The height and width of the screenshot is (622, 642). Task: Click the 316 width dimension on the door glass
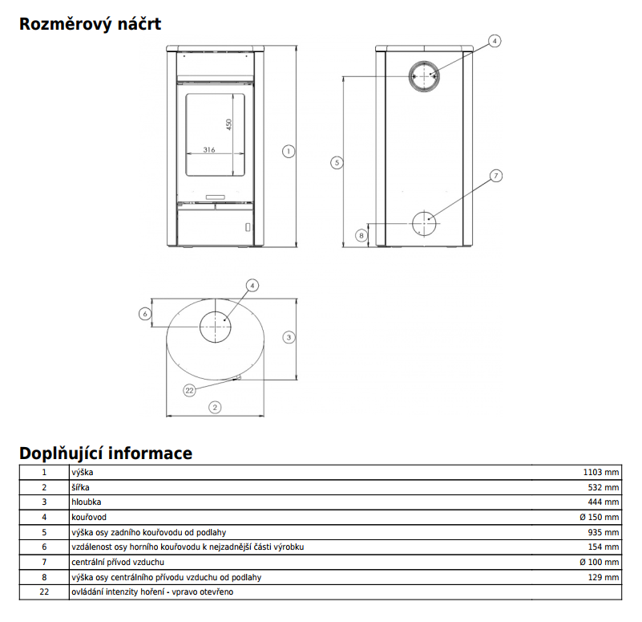click(x=209, y=149)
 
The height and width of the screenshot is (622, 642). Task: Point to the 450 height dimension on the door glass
click(x=228, y=125)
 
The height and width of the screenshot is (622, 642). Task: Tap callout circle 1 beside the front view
click(x=289, y=150)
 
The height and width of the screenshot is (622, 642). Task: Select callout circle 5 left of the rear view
click(x=337, y=163)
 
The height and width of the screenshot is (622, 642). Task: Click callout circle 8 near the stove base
click(x=361, y=235)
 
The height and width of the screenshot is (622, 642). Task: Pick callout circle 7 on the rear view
click(x=495, y=175)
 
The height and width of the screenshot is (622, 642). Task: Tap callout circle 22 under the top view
click(x=190, y=390)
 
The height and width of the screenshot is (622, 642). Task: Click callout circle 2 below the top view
click(x=214, y=407)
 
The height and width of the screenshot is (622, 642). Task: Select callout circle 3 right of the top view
click(x=289, y=338)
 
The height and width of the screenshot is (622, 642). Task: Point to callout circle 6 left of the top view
click(x=145, y=314)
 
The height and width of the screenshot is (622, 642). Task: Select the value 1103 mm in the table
click(x=600, y=473)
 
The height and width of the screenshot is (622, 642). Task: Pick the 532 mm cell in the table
click(x=604, y=487)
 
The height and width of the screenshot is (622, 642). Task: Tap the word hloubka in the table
click(x=85, y=502)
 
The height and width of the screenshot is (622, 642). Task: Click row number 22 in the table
click(x=44, y=592)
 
